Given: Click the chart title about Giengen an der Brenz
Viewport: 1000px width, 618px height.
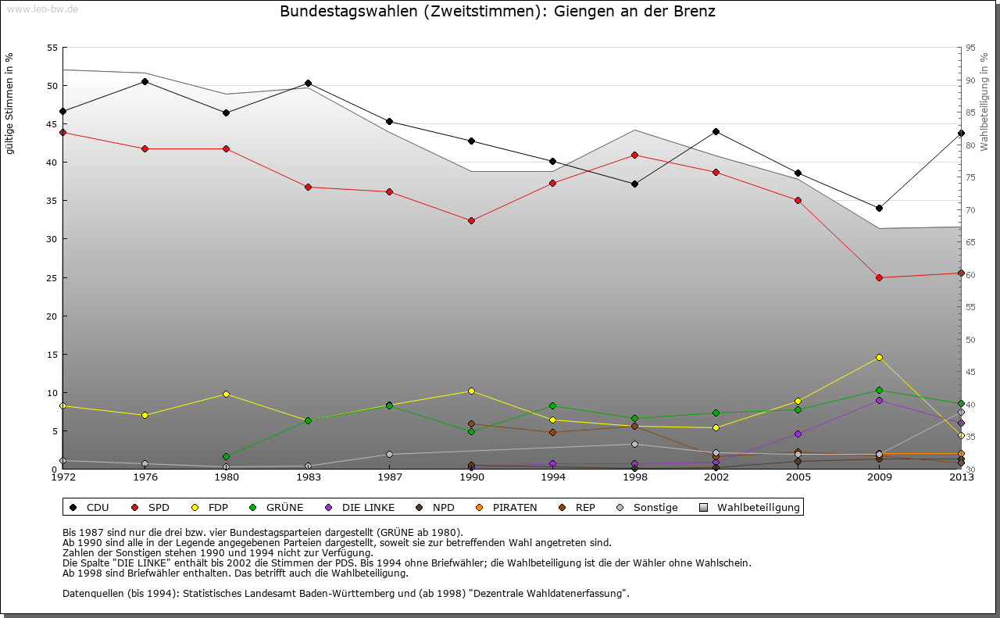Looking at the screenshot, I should point(498,12).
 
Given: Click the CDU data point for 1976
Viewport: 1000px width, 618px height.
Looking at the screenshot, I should point(145,81).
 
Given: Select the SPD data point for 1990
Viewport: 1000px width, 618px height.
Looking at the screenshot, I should point(471,220).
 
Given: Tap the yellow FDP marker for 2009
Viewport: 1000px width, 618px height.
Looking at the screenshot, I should point(879,357).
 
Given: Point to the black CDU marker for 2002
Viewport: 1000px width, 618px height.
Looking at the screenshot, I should point(716,131).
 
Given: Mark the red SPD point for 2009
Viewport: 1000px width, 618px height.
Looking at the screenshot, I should point(879,277).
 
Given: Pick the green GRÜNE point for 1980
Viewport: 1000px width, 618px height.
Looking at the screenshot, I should point(226,456).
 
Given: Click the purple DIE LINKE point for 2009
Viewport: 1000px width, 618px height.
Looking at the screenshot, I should point(879,400).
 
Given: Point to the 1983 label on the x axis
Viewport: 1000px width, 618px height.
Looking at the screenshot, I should point(308,477).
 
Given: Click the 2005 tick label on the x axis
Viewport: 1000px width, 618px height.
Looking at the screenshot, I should point(798,477).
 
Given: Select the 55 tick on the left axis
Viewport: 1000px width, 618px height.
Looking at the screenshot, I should point(52,48).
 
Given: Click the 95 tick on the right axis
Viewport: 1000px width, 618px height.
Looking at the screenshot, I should point(970,48).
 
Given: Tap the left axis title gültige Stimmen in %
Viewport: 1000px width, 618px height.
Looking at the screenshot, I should point(10,103).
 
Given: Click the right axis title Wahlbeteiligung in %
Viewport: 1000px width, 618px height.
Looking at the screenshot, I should point(984,102).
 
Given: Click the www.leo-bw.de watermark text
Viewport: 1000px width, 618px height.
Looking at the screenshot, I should point(41,9).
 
